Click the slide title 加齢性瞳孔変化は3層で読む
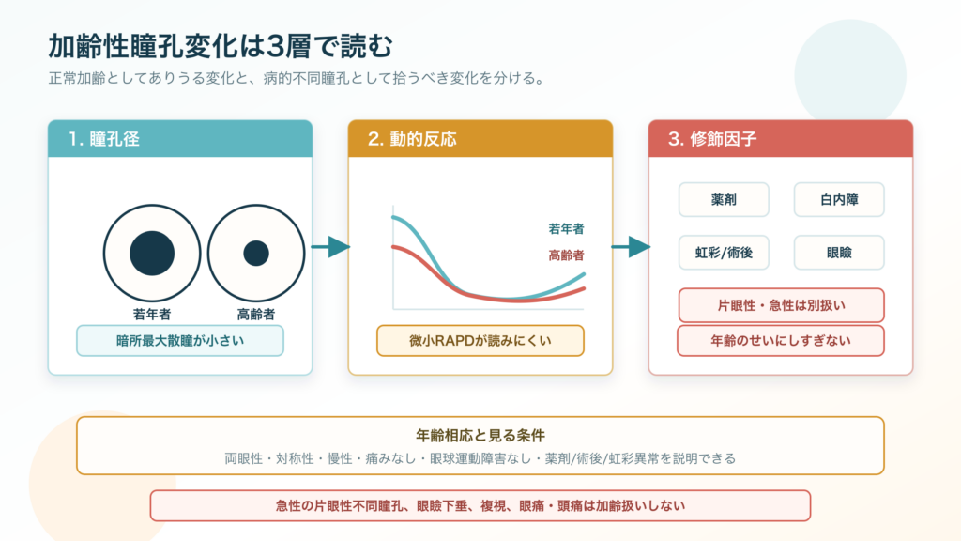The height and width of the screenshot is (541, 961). (x=220, y=46)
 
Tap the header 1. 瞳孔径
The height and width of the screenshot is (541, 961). (x=103, y=139)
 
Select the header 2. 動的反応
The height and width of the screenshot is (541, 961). (x=412, y=139)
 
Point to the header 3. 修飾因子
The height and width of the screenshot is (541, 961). (x=712, y=139)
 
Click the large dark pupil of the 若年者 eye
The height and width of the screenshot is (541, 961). (x=152, y=254)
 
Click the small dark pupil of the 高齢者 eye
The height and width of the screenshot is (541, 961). (x=256, y=254)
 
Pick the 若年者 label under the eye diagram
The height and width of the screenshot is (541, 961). (x=152, y=314)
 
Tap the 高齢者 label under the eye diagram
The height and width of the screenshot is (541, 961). (x=256, y=314)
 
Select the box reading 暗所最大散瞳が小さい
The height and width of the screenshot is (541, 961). (x=180, y=340)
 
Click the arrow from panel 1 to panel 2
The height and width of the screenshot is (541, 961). (x=331, y=247)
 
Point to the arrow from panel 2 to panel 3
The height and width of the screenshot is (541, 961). (x=632, y=247)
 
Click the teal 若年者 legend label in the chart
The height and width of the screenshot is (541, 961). (x=566, y=229)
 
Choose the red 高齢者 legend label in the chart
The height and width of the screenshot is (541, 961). (x=566, y=255)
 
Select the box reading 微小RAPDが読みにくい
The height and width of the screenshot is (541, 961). (x=480, y=340)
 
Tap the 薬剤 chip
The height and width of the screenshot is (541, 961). (x=724, y=199)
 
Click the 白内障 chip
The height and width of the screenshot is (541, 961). (x=839, y=199)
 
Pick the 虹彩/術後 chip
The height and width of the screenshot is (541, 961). (x=724, y=252)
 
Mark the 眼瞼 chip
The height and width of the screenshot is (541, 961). (x=839, y=252)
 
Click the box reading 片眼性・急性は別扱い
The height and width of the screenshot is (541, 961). (x=782, y=305)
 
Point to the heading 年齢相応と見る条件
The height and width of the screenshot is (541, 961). (x=480, y=436)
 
